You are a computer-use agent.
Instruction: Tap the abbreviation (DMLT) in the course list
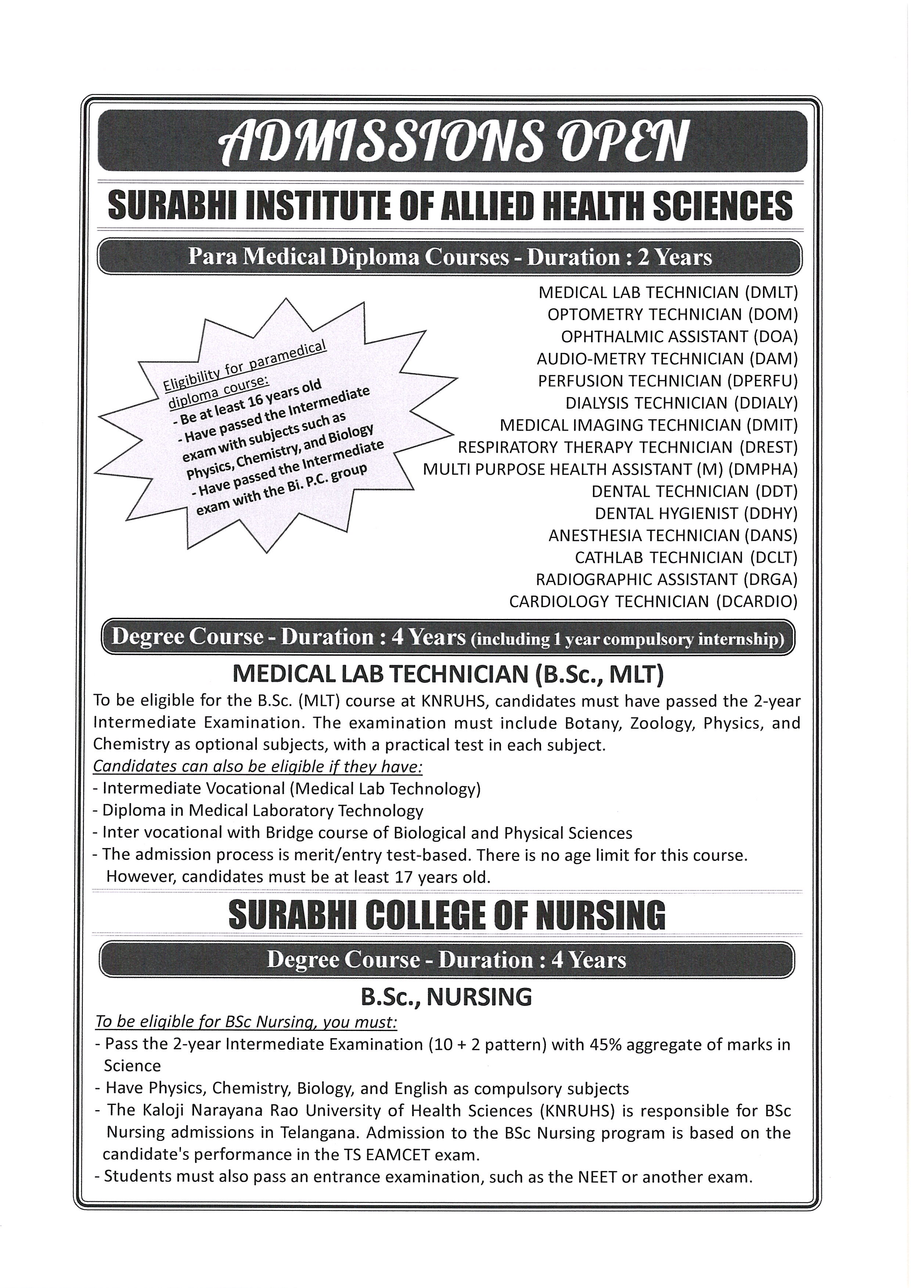click(771, 292)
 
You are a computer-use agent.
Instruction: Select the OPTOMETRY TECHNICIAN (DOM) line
click(672, 315)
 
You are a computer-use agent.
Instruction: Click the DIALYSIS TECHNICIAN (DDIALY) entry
click(681, 403)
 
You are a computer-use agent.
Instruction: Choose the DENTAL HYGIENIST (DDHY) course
click(696, 513)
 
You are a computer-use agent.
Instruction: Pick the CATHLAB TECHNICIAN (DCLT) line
click(685, 558)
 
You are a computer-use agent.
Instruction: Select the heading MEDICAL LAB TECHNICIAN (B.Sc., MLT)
click(448, 674)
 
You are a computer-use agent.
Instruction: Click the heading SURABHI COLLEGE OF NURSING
click(447, 916)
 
